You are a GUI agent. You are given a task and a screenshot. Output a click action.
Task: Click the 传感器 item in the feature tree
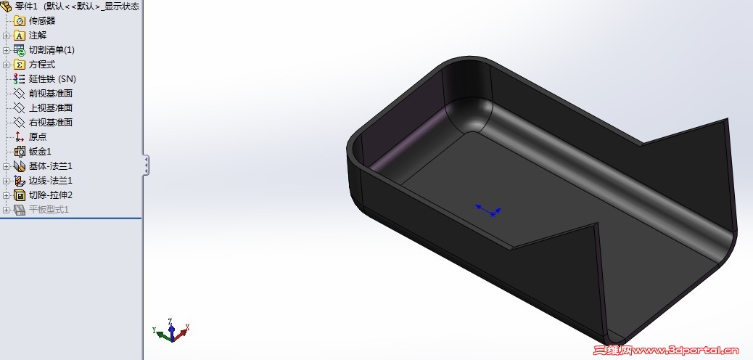42,20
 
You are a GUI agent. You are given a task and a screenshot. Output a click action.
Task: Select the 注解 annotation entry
38,35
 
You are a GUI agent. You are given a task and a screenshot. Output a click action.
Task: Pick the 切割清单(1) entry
52,50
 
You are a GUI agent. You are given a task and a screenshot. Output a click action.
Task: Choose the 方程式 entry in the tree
42,65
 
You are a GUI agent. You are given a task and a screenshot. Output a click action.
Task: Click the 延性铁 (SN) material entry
52,79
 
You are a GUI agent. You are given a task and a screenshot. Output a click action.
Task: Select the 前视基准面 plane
51,93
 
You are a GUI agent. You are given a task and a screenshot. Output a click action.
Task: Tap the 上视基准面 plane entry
51,107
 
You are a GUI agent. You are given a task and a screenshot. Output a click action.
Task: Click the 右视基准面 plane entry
51,122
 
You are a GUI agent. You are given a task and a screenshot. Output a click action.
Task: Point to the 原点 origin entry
38,137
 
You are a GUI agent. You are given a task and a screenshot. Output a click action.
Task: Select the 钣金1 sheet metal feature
40,152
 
